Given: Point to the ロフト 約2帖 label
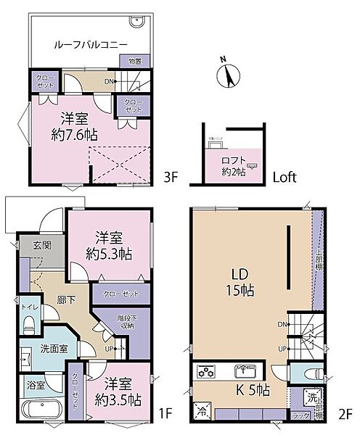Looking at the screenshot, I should point(234,166).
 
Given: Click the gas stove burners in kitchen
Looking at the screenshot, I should point(207,371).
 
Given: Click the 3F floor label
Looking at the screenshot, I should point(171,176).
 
